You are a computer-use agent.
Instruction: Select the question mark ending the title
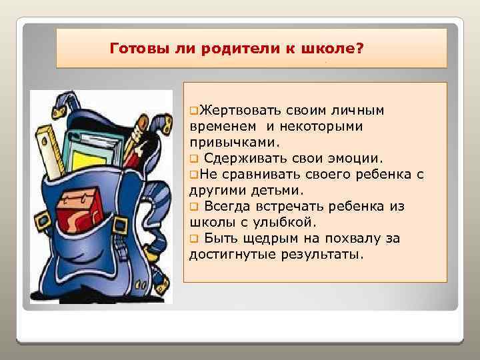point(360,49)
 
